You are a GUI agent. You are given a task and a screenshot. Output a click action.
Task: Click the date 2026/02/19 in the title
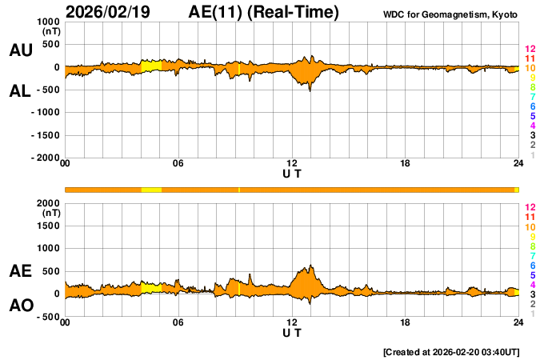pyautogui.click(x=112, y=12)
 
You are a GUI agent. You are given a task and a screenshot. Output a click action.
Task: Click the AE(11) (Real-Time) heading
pyautogui.click(x=264, y=12)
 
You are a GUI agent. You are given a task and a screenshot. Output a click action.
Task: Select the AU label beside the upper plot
pyautogui.click(x=21, y=50)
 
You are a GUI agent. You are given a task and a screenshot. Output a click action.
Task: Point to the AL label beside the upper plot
pyautogui.click(x=21, y=91)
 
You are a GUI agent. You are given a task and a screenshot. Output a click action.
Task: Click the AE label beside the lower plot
pyautogui.click(x=21, y=272)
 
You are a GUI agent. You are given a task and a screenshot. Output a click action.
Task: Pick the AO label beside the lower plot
pyautogui.click(x=21, y=306)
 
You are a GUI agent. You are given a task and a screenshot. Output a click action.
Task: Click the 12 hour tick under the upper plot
pyautogui.click(x=292, y=164)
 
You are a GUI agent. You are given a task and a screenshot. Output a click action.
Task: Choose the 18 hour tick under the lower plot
pyautogui.click(x=406, y=322)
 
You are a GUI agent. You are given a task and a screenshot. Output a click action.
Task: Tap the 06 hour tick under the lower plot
pyautogui.click(x=178, y=322)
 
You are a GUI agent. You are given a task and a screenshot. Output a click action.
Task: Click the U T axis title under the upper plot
pyautogui.click(x=292, y=173)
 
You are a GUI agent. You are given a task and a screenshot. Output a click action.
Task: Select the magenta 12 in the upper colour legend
pyautogui.click(x=530, y=50)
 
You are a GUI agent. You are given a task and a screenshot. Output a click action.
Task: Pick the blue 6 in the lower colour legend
pyautogui.click(x=532, y=265)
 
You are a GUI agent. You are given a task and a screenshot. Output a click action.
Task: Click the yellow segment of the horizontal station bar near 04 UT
pyautogui.click(x=151, y=189)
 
